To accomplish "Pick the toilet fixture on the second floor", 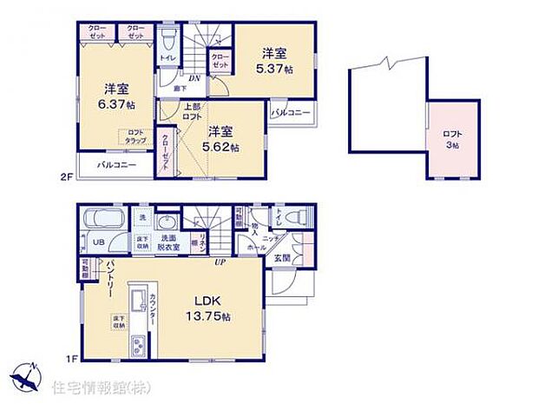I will pos(168,41).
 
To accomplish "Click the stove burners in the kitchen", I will pos(140,348).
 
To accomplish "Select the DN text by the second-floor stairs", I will pos(194,79).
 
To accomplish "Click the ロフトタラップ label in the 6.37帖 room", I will pos(135,137).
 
